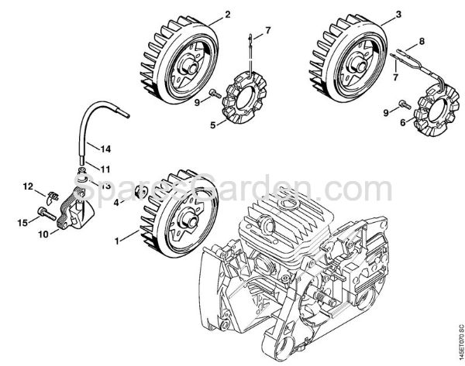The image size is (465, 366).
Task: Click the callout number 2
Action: (206, 15)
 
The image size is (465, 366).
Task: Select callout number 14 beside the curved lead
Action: (106, 147)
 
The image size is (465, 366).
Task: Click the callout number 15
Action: (23, 222)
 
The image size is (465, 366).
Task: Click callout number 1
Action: (119, 241)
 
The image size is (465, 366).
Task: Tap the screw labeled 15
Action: (42, 214)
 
